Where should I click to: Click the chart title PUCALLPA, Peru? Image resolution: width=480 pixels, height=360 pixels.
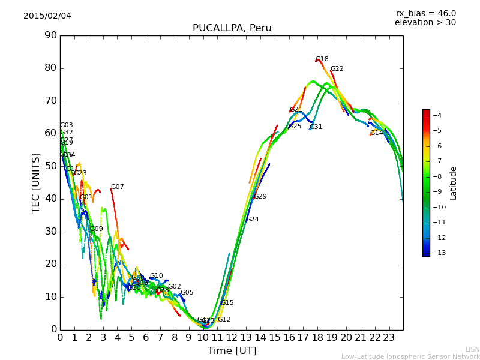[x=232, y=28]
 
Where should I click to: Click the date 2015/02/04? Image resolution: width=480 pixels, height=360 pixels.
[x=47, y=16]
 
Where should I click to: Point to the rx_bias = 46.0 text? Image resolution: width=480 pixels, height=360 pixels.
[x=425, y=13]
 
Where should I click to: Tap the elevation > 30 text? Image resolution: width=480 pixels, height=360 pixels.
[x=425, y=23]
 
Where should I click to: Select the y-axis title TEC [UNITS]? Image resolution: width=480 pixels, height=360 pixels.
[x=36, y=182]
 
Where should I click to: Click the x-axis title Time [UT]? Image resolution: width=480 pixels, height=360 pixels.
[x=232, y=351]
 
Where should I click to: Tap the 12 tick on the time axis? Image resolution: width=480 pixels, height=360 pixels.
[x=232, y=337]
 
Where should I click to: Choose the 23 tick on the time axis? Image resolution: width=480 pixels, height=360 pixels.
[x=389, y=337]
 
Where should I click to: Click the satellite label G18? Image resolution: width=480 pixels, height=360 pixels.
[x=322, y=59]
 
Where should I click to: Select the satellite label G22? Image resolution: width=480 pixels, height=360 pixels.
[x=337, y=69]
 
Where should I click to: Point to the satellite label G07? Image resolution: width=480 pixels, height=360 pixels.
[x=118, y=187]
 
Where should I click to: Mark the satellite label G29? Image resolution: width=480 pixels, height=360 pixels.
[x=260, y=197]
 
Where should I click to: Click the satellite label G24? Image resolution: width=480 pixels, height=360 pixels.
[x=253, y=220]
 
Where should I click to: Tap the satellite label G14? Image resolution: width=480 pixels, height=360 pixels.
[x=377, y=133]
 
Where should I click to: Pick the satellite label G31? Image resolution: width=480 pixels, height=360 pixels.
[x=316, y=127]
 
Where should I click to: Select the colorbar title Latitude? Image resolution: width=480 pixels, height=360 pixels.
[x=454, y=183]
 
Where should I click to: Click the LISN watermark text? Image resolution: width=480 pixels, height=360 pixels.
[x=473, y=349]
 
